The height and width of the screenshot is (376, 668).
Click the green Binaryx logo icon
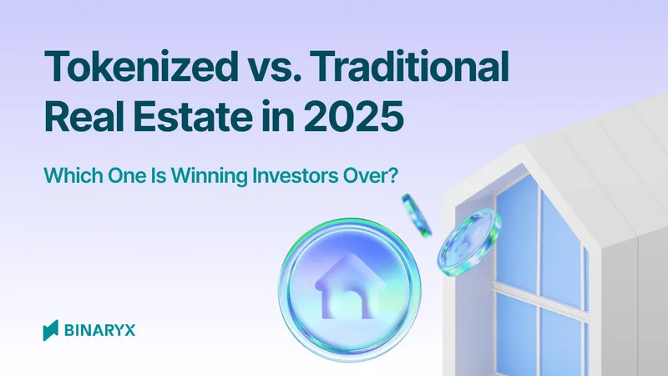coord(50,329)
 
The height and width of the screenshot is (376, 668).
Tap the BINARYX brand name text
coord(99,330)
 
